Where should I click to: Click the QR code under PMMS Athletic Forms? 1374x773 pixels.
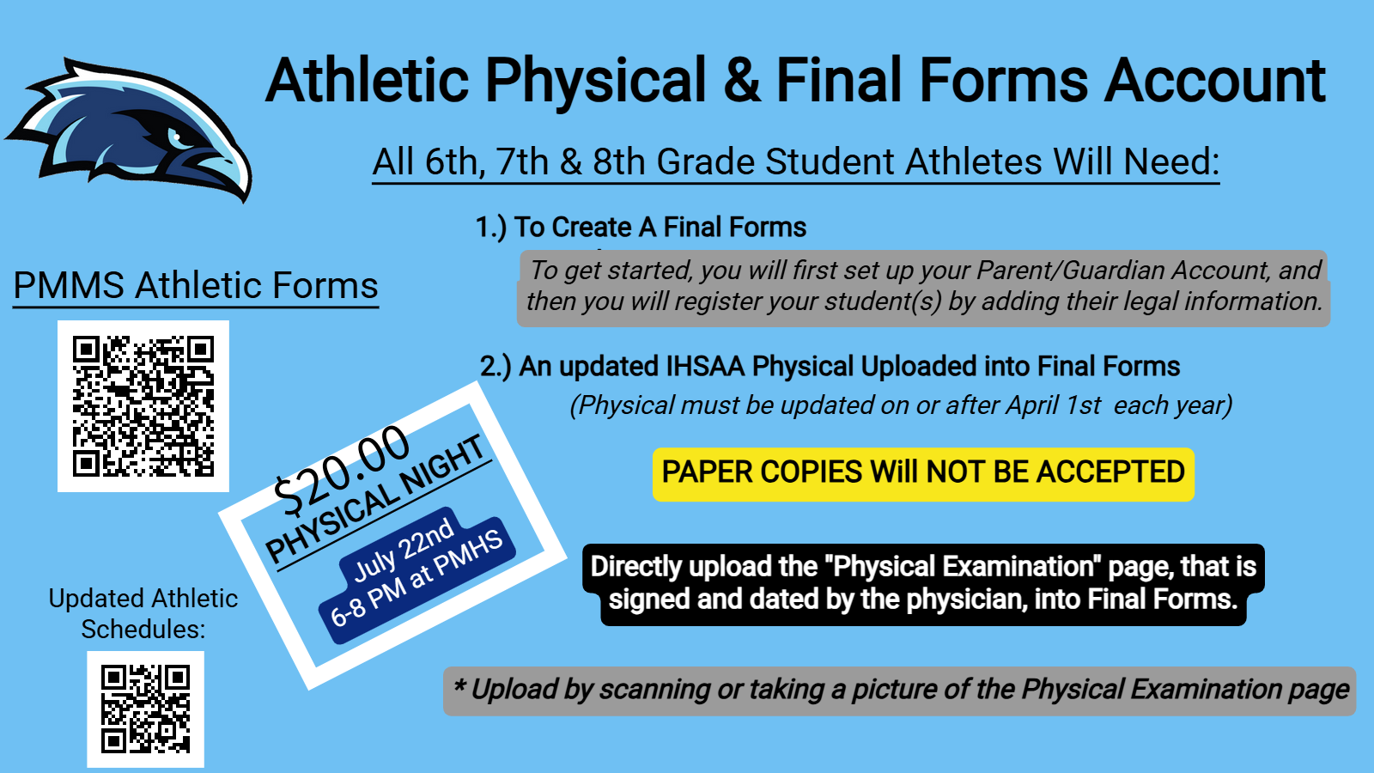click(143, 406)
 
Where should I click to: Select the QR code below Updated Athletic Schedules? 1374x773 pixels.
click(145, 709)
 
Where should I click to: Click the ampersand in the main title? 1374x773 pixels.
click(742, 80)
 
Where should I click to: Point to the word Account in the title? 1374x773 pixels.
click(1214, 80)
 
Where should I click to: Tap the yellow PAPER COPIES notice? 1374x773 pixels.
click(923, 473)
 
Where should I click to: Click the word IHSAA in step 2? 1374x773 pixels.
click(705, 366)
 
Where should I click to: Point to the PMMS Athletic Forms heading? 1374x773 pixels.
click(196, 285)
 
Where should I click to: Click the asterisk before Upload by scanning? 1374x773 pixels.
click(459, 684)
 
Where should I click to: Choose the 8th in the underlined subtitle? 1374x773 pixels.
click(618, 162)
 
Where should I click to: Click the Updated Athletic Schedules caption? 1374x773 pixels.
click(143, 613)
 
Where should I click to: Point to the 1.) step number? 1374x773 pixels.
click(490, 228)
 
